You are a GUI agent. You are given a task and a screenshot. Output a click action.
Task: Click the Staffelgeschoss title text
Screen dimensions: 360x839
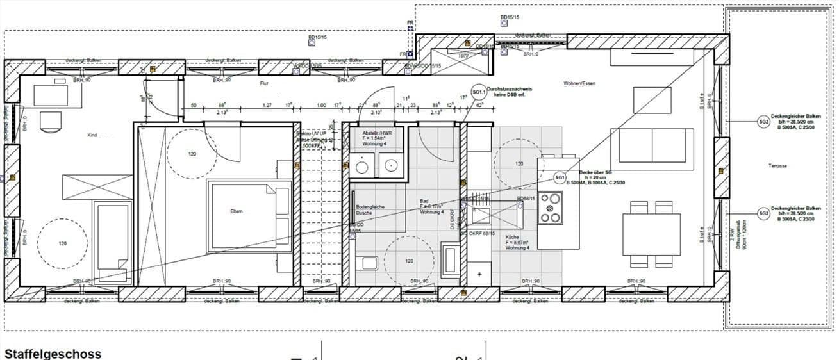[53, 353]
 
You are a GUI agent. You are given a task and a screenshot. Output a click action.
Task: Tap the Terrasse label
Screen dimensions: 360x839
[777, 166]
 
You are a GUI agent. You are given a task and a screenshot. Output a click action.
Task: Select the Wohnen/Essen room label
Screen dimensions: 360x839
[576, 84]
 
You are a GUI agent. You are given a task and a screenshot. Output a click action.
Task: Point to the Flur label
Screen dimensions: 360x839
[263, 84]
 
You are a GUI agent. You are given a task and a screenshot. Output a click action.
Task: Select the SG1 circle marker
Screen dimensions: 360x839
[560, 177]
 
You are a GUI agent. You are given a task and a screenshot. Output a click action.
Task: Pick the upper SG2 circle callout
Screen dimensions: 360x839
[763, 122]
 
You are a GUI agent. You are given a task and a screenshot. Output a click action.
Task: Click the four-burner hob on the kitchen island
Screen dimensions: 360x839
[551, 208]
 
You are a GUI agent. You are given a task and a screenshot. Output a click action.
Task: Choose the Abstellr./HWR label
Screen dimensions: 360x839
[377, 133]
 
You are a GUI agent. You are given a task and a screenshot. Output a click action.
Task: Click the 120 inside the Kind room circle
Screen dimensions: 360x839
[62, 243]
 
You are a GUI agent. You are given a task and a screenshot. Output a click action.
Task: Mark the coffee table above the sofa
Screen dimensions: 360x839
[652, 100]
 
